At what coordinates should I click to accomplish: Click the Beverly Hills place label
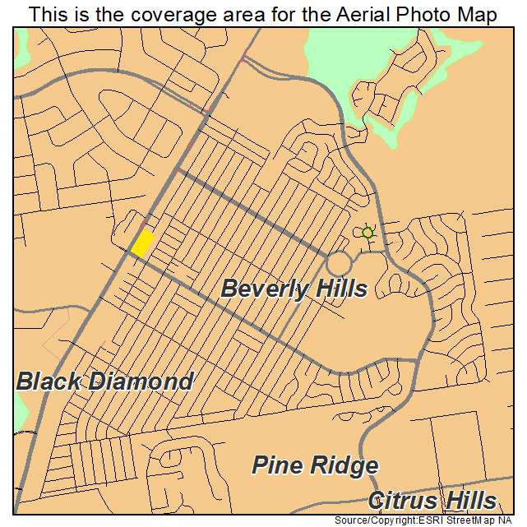coord(294,289)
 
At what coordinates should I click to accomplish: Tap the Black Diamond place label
coord(104,381)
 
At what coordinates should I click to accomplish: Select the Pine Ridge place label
coord(314,466)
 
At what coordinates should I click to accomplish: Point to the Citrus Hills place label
coord(432,501)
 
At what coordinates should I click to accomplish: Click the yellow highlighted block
coord(142,243)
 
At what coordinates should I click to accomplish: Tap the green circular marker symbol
coord(368,233)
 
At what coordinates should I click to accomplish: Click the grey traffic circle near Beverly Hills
coord(339,264)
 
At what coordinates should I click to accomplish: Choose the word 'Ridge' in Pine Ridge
coord(344,466)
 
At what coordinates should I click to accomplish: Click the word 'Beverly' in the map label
coord(261,289)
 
